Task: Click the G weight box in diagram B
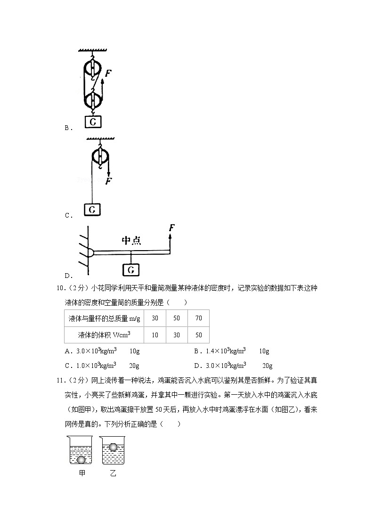point(93,122)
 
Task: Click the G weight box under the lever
point(131,269)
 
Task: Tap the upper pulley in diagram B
point(93,68)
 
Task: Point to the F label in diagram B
point(108,73)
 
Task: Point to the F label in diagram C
point(109,180)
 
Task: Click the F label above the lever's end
point(172,228)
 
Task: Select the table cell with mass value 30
point(155,318)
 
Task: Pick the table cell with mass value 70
point(198,318)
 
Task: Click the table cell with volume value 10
point(155,335)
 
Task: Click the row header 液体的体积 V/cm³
point(104,335)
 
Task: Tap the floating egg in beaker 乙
point(113,447)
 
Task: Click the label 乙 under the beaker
point(113,473)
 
